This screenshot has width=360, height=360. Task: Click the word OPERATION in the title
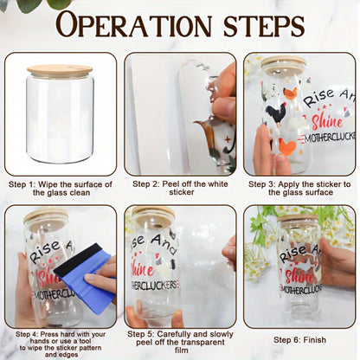tap(134, 24)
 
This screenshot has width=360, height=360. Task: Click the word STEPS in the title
tap(264, 25)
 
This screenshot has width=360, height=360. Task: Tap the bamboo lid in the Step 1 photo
tap(60, 71)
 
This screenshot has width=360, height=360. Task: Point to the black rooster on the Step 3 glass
tap(274, 114)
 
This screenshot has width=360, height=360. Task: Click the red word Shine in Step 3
tap(327, 121)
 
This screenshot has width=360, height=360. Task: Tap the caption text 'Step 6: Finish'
tap(300, 340)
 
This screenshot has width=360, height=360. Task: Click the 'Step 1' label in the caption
tap(22, 184)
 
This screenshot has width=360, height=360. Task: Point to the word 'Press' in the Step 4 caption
tap(49, 334)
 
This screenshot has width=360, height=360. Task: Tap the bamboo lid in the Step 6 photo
tap(298, 217)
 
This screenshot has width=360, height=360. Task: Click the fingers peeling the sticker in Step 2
tap(222, 95)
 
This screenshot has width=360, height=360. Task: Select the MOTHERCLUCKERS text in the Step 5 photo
tap(155, 286)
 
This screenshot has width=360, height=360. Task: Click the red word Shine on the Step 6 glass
tap(299, 275)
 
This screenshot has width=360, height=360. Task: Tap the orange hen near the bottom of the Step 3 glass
tap(287, 147)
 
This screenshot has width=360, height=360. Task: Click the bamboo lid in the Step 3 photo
tap(283, 61)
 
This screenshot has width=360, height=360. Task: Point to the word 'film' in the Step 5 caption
tap(182, 350)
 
